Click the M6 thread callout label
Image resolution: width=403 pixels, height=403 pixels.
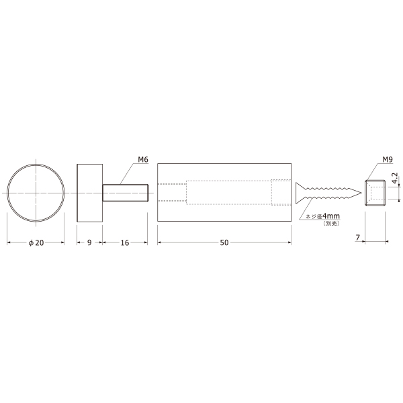(143, 160)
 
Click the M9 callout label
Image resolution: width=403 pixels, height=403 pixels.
(388, 160)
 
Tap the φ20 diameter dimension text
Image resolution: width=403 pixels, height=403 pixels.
(36, 242)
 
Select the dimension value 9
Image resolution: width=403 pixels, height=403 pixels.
(89, 242)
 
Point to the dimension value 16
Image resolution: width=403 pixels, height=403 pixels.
(125, 242)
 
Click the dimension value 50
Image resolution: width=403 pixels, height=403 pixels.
(224, 242)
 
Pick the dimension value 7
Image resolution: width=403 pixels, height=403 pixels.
(358, 238)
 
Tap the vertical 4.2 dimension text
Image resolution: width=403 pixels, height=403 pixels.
(395, 178)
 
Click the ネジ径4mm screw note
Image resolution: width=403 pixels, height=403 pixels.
(322, 216)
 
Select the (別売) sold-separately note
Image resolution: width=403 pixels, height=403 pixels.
(332, 224)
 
